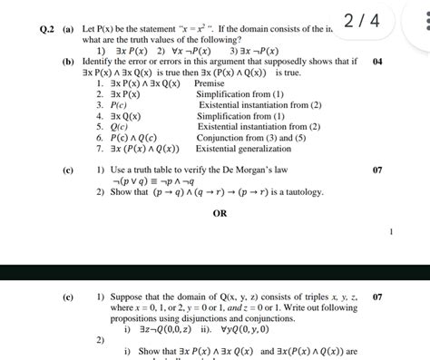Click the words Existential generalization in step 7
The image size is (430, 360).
pos(241,150)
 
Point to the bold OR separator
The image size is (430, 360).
pos(220,213)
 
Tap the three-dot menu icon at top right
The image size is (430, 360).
pos(419,19)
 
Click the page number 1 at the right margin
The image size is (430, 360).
pos(392,232)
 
